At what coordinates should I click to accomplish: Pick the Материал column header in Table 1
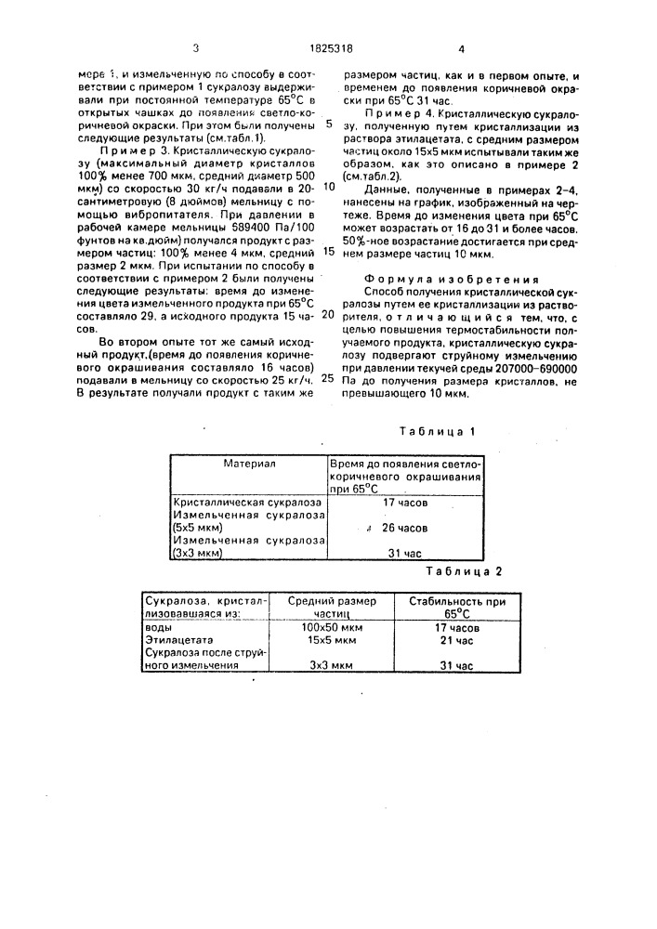247,462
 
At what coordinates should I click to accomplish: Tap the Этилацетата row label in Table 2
181,640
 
